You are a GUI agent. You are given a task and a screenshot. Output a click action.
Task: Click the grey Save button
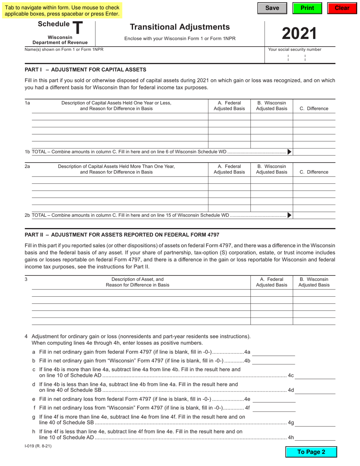272,8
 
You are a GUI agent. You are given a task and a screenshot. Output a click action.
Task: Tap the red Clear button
342,8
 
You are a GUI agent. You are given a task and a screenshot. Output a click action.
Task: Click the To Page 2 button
311,452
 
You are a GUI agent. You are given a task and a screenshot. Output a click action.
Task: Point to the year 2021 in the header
299,34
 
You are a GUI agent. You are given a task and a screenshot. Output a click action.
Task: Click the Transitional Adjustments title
180,27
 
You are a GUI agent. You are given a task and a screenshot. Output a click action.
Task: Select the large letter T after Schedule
77,28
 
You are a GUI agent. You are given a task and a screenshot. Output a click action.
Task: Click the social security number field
300,58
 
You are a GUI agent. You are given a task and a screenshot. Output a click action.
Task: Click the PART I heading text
85,70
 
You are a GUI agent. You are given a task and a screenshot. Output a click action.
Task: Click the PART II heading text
122,235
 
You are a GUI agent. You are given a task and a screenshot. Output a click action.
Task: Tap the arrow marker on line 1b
290,152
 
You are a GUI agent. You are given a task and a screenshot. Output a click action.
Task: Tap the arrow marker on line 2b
290,215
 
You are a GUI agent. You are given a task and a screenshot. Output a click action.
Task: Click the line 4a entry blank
274,352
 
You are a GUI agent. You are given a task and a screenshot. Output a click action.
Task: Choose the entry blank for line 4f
274,408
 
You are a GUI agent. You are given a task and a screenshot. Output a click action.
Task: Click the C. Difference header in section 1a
314,109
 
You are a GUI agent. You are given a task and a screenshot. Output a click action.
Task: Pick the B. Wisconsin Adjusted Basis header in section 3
314,282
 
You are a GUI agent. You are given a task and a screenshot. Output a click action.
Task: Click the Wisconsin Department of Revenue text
60,40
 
